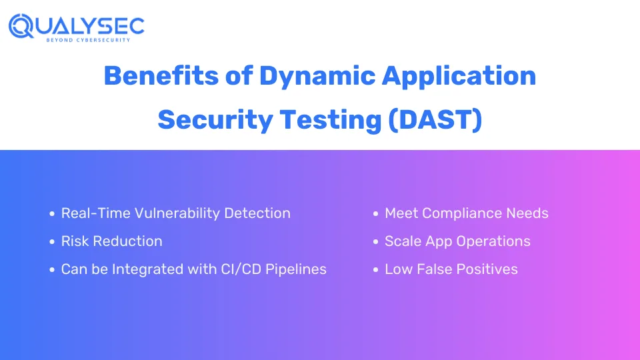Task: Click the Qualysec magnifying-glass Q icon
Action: [x=21, y=26]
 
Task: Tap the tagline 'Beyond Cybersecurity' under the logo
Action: [x=88, y=40]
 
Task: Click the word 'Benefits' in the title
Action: [x=161, y=76]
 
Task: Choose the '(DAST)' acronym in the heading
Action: [x=435, y=120]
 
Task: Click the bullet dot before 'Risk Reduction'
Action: [x=52, y=241]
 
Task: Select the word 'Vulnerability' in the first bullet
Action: [x=177, y=213]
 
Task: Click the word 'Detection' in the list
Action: [x=257, y=213]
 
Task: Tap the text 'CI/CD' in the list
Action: [x=241, y=269]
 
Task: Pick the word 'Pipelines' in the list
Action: [x=296, y=270]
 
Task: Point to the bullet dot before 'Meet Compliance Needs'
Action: [x=375, y=213]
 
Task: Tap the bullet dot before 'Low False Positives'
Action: [x=375, y=269]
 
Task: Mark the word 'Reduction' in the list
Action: [x=128, y=241]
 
